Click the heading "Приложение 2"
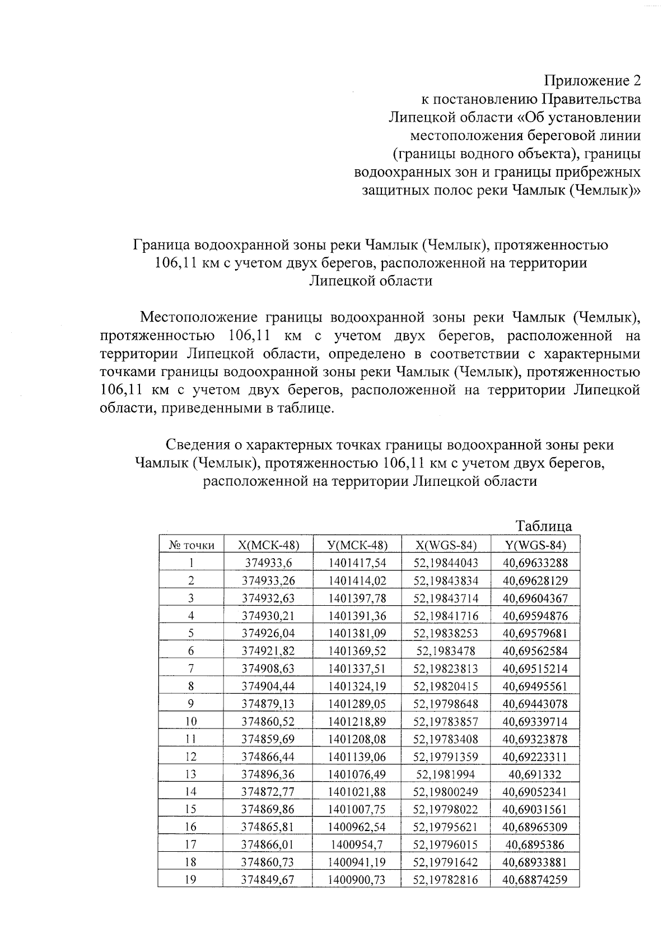(x=593, y=81)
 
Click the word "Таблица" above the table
(x=544, y=526)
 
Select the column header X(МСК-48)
(x=268, y=545)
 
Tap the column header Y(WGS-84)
(x=535, y=545)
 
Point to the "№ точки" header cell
(x=191, y=545)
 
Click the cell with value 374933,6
(x=268, y=563)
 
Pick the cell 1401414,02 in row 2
(x=357, y=581)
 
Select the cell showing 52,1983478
(x=446, y=651)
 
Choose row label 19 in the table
(x=191, y=880)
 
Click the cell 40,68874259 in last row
(x=535, y=880)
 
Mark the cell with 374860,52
(x=268, y=721)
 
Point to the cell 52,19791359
(x=446, y=757)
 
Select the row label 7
(x=191, y=669)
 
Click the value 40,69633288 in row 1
(x=535, y=563)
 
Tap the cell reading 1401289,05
(x=357, y=704)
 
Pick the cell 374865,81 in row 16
(x=268, y=827)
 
